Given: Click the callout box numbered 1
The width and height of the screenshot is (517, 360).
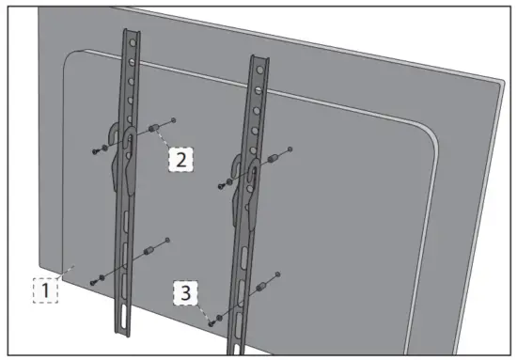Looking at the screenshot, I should coord(44,291).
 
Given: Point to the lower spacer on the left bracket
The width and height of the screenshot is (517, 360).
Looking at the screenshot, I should coord(148,253).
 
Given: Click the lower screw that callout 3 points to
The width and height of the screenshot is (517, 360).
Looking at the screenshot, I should coord(211,321).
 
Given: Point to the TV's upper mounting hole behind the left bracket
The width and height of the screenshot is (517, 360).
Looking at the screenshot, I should coord(175,119).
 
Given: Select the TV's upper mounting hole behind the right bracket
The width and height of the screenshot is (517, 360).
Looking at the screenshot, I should coord(291,149).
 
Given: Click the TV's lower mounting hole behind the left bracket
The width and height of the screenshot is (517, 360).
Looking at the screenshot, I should coord(168,241).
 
